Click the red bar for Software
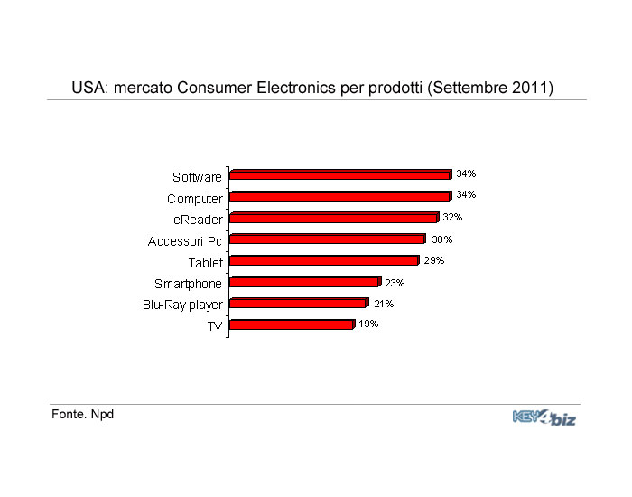click(340, 175)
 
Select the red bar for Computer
click(340, 196)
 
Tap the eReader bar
click(334, 218)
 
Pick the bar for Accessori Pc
click(328, 239)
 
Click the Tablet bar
click(324, 261)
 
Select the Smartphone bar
click(304, 282)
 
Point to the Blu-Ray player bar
click(299, 304)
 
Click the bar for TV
click(292, 324)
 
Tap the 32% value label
click(452, 217)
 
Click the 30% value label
click(441, 239)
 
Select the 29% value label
click(434, 260)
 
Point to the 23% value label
click(395, 283)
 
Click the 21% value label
click(384, 304)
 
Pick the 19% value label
click(368, 324)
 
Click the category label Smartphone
click(188, 284)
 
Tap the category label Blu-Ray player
click(182, 305)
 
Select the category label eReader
click(198, 220)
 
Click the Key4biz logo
click(544, 417)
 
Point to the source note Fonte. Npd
click(82, 415)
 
